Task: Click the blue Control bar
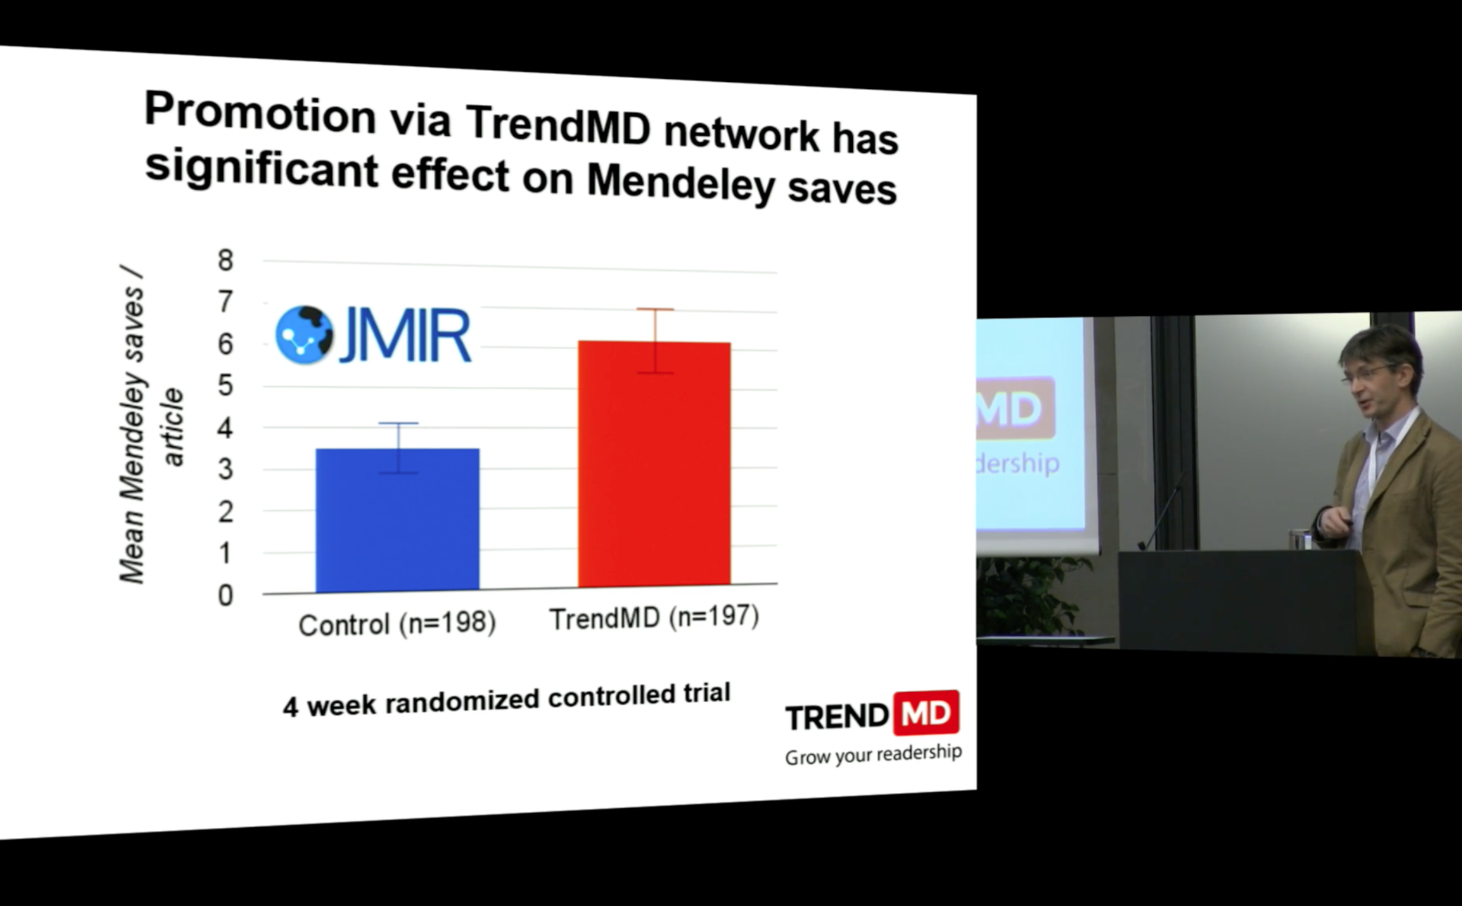pyautogui.click(x=397, y=520)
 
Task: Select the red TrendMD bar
pyautogui.click(x=654, y=464)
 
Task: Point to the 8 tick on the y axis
pyautogui.click(x=225, y=260)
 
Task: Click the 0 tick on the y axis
pyautogui.click(x=225, y=596)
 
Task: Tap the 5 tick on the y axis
pyautogui.click(x=225, y=385)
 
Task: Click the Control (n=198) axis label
pyautogui.click(x=397, y=624)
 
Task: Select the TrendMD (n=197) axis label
pyautogui.click(x=654, y=618)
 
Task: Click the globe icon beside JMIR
pyautogui.click(x=305, y=335)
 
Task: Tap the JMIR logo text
pyautogui.click(x=405, y=335)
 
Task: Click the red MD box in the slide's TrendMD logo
pyautogui.click(x=926, y=713)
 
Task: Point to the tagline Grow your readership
pyautogui.click(x=874, y=754)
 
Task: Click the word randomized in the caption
pyautogui.click(x=462, y=700)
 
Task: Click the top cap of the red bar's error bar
pyautogui.click(x=655, y=309)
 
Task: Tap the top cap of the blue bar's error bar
pyautogui.click(x=398, y=423)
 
